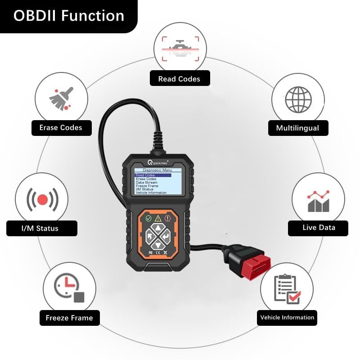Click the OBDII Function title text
pyautogui.click(x=68, y=16)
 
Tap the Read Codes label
pyautogui.click(x=179, y=79)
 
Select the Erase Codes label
pyautogui.click(x=61, y=128)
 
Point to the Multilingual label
pyautogui.click(x=297, y=128)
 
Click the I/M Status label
pyautogui.click(x=40, y=228)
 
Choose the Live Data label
pyautogui.click(x=319, y=228)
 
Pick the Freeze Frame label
pyautogui.click(x=69, y=318)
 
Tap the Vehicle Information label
pyautogui.click(x=287, y=318)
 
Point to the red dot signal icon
pyautogui.click(x=42, y=198)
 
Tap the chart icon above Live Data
pyautogui.click(x=319, y=201)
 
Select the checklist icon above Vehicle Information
pyautogui.click(x=287, y=288)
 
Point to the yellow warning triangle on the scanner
pyautogui.click(x=158, y=218)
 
